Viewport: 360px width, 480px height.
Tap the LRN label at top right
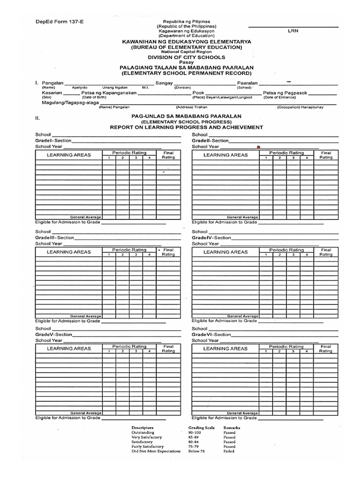[x=292, y=31]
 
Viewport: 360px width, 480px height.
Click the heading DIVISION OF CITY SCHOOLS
[x=187, y=57]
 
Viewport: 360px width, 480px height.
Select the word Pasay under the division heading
[x=186, y=62]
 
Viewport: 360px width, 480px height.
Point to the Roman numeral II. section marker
[x=37, y=118]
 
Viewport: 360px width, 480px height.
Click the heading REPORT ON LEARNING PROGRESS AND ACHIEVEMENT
[x=187, y=127]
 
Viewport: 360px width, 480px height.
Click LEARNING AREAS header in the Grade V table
[x=68, y=349]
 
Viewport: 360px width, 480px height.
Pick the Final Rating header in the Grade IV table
[x=326, y=252]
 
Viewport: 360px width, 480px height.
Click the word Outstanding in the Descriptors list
[x=142, y=433]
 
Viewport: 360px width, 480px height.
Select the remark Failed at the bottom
[x=229, y=451]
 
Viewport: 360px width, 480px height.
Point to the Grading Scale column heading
[x=202, y=428]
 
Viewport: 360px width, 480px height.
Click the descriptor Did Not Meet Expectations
[x=156, y=451]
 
